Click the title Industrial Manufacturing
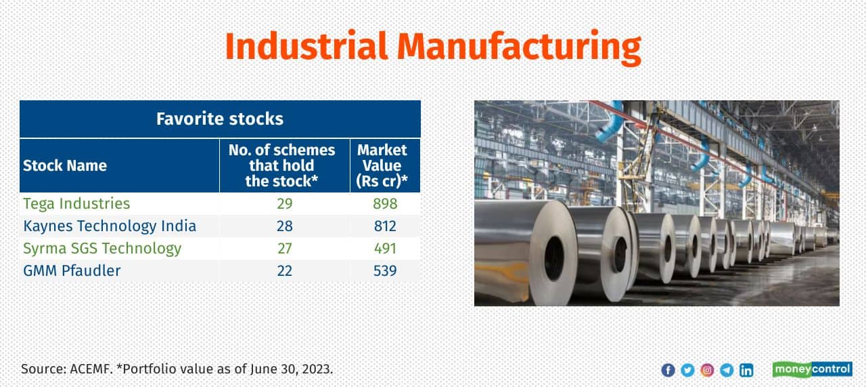point(433,47)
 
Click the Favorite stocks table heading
point(220,119)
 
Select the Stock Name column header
point(65,165)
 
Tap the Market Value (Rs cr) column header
point(382,165)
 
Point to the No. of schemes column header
point(282,165)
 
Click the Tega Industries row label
point(76,204)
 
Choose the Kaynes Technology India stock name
point(110,226)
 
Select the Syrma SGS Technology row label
point(102,248)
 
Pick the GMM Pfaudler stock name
point(72,270)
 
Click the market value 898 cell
point(385,204)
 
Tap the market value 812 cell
point(385,226)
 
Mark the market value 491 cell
point(385,248)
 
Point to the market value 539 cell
point(385,270)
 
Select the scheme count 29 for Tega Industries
point(285,204)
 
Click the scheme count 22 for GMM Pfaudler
point(285,270)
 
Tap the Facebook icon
point(668,370)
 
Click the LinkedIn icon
point(746,370)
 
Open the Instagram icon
point(707,370)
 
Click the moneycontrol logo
point(813,369)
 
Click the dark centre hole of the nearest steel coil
point(554,258)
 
